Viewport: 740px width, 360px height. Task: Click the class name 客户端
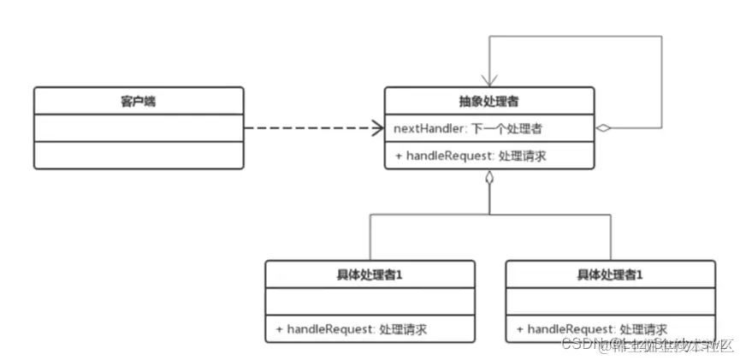(x=138, y=101)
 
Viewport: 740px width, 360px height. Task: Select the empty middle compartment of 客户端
(x=138, y=128)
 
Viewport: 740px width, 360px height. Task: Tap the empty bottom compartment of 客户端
(x=138, y=156)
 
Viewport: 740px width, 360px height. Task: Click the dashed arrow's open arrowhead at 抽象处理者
(x=376, y=128)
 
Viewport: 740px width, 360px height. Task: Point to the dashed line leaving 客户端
(x=308, y=128)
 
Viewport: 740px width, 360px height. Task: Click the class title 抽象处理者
(x=488, y=101)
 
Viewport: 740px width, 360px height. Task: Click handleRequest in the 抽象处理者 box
(x=446, y=156)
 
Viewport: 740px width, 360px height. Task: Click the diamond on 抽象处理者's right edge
(x=604, y=128)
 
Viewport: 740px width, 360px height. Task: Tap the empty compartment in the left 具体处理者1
(x=370, y=301)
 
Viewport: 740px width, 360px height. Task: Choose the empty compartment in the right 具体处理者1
(x=611, y=301)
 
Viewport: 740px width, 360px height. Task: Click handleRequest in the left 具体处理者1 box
(x=326, y=328)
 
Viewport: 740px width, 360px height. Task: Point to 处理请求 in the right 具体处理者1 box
(x=643, y=328)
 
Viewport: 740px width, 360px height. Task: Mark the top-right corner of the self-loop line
(x=662, y=36)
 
